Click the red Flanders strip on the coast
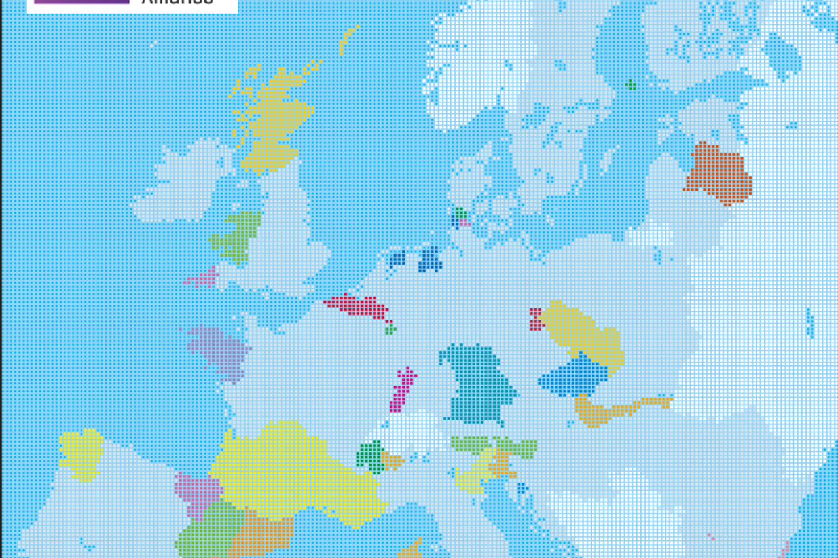point(357,305)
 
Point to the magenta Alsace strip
point(402,389)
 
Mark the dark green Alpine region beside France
point(370,456)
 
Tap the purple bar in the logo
point(81,2)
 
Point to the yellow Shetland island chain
point(349,39)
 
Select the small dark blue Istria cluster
point(522,489)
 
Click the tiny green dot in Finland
point(630,84)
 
